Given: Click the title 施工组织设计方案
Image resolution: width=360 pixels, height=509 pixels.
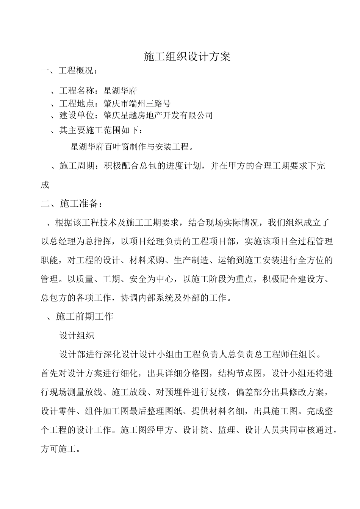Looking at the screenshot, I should [x=187, y=57].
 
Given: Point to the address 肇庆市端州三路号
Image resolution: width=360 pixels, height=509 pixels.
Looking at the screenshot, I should [x=137, y=103].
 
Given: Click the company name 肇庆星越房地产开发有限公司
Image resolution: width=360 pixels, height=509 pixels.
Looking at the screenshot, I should [x=158, y=116].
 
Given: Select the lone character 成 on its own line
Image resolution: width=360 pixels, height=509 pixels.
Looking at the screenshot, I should [x=45, y=185].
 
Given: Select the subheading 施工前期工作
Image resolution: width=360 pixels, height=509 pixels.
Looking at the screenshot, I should [x=84, y=316].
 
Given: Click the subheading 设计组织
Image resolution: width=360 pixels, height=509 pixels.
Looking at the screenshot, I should [x=77, y=335].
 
